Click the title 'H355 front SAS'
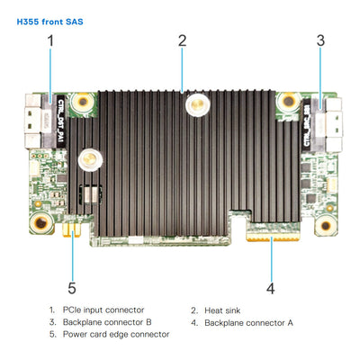(x=52, y=20)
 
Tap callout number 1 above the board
(x=50, y=40)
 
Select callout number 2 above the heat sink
(x=182, y=40)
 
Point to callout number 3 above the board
(x=320, y=40)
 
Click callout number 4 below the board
(x=270, y=289)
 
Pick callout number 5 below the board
(x=72, y=289)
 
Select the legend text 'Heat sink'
(x=222, y=310)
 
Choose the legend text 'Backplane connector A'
(x=248, y=322)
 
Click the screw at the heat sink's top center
(x=192, y=106)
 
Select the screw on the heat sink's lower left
(x=87, y=160)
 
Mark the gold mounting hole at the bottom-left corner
(x=39, y=221)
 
